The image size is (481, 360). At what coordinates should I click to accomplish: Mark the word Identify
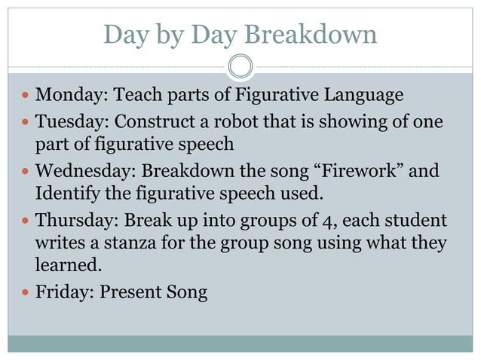click(66, 194)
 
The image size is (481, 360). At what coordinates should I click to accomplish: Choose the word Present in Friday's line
click(129, 291)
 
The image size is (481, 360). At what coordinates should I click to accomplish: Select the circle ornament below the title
click(240, 66)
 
